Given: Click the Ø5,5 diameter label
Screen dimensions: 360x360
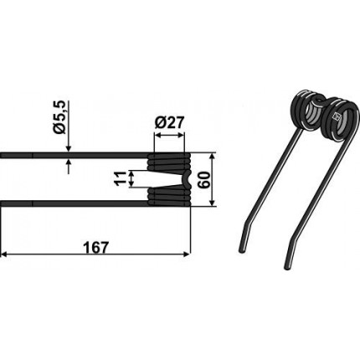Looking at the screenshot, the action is pyautogui.click(x=61, y=116).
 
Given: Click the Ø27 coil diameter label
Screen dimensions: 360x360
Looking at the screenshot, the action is pyautogui.click(x=169, y=123).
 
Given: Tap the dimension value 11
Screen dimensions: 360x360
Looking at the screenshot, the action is pyautogui.click(x=121, y=178).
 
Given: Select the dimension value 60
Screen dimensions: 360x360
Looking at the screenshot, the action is pyautogui.click(x=204, y=180).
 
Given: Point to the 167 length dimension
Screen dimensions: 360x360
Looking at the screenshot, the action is pyautogui.click(x=95, y=248).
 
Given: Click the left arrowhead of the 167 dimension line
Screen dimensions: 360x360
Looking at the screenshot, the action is pyautogui.click(x=4, y=255).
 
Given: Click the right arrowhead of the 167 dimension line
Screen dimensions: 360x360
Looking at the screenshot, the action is pyautogui.click(x=187, y=255).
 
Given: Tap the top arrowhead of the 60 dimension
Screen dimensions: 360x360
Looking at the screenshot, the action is pyautogui.click(x=213, y=157).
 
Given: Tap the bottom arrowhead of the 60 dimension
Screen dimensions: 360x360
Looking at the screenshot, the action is pyautogui.click(x=213, y=203).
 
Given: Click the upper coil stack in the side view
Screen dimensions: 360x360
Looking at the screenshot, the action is pyautogui.click(x=169, y=162).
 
